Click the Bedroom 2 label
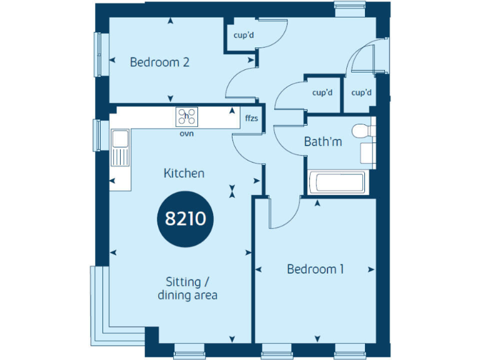(159, 62)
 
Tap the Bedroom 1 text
(315, 269)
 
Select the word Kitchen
(184, 173)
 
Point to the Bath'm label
(322, 142)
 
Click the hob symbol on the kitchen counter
(186, 116)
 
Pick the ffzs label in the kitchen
(251, 117)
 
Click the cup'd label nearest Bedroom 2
(244, 36)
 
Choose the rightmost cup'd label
(361, 93)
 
